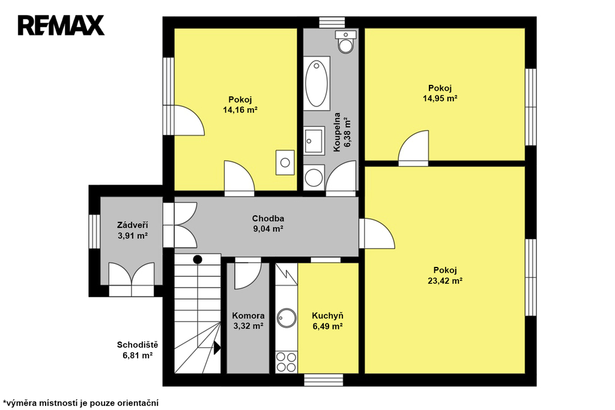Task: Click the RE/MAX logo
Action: click(x=61, y=25)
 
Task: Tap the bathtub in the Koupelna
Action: click(x=317, y=83)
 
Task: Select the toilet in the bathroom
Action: click(x=345, y=41)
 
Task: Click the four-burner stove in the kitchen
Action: click(x=286, y=362)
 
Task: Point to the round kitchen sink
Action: click(x=286, y=318)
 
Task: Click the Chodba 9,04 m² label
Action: click(x=268, y=224)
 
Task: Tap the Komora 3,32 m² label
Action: click(x=248, y=320)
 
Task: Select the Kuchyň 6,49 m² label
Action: click(x=328, y=320)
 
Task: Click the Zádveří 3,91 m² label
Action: click(x=133, y=230)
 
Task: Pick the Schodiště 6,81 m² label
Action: click(x=138, y=350)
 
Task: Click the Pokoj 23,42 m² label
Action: click(x=445, y=275)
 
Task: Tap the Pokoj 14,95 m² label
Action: click(x=440, y=93)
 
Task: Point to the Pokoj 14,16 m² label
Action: click(x=240, y=105)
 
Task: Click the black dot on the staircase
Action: click(x=198, y=259)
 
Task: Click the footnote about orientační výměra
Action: click(x=81, y=403)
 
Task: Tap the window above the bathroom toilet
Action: click(x=332, y=22)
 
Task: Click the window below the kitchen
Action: click(x=324, y=380)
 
